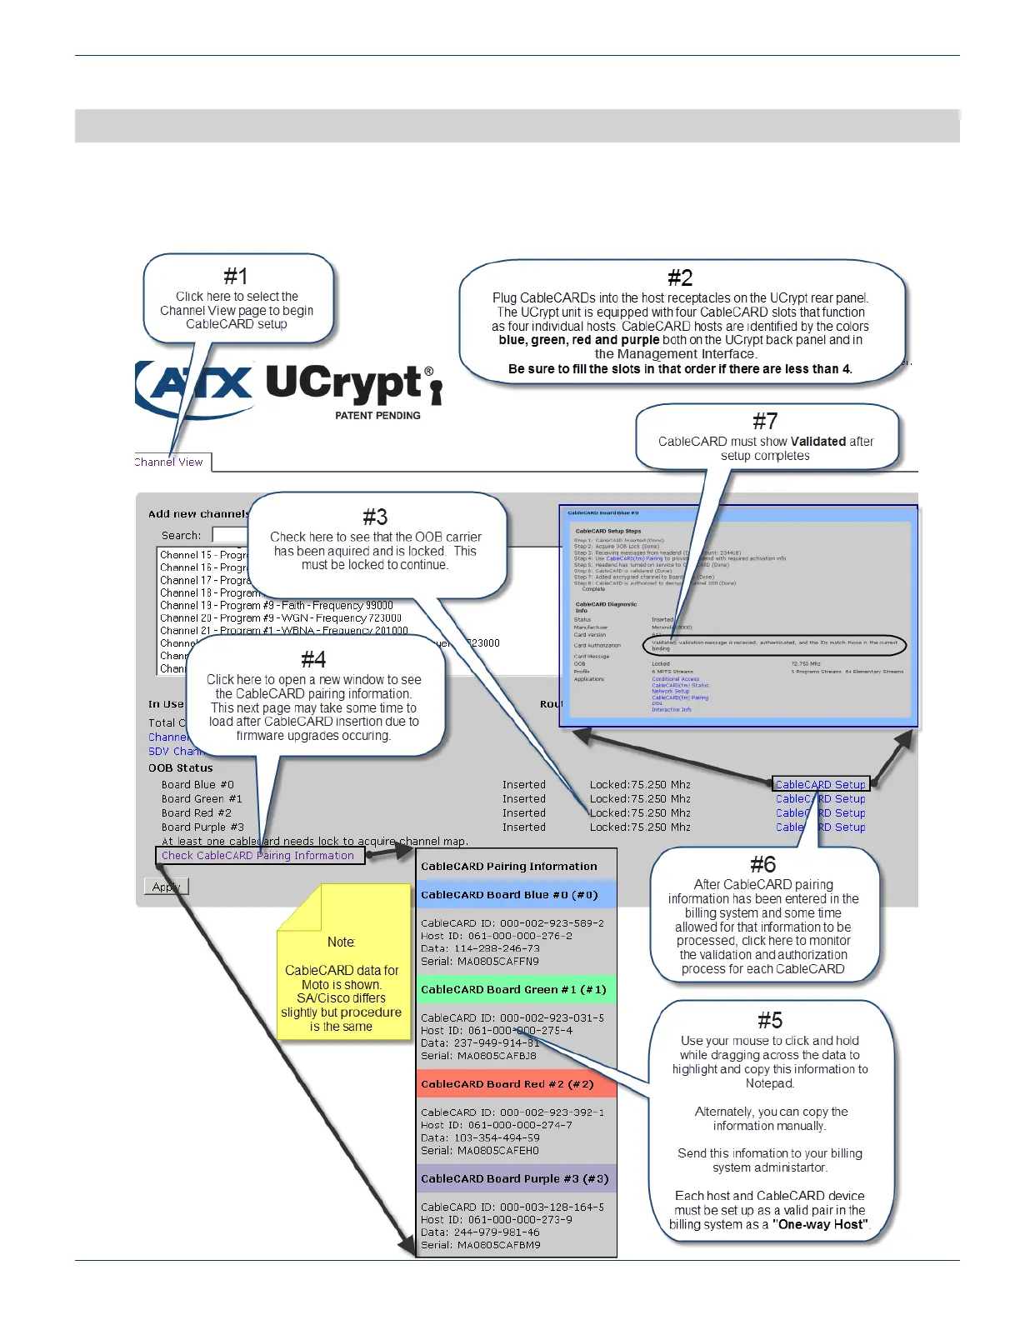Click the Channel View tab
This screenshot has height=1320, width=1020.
170,462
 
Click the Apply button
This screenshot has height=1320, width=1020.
166,887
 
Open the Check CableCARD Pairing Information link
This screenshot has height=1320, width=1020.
257,855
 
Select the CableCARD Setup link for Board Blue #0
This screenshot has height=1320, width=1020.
821,784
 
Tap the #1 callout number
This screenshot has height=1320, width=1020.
236,277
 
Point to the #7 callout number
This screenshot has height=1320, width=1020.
765,422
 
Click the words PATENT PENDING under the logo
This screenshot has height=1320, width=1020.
377,415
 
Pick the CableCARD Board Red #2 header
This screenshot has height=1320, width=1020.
507,1084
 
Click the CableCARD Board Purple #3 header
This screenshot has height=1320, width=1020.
514,1178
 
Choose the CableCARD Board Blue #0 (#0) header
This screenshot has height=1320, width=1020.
509,894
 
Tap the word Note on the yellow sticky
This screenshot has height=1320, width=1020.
341,942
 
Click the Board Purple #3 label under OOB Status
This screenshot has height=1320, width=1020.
202,827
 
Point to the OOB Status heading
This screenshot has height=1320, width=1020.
181,767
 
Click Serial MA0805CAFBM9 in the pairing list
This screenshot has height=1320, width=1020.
480,1244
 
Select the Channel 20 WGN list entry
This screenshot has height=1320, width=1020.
281,618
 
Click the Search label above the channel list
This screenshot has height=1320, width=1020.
181,535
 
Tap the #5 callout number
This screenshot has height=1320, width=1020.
770,1021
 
